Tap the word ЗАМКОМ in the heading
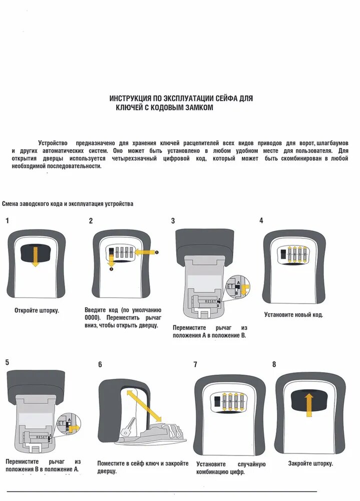[x=197, y=108]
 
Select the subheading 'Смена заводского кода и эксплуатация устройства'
[x=68, y=204]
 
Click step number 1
[x=7, y=220]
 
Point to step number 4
[x=261, y=220]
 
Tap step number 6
[x=100, y=365]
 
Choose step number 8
[x=274, y=364]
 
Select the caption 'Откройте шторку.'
[x=37, y=311]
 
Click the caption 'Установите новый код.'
[x=293, y=315]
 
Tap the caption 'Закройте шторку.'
[x=310, y=463]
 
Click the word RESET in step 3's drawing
[x=211, y=302]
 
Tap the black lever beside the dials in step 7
[x=216, y=402]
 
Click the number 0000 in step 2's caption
[x=93, y=318]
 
